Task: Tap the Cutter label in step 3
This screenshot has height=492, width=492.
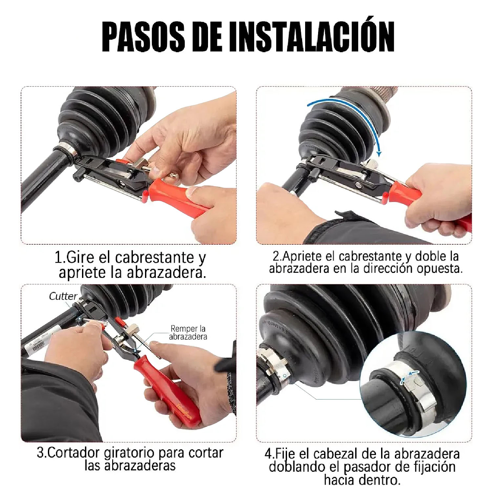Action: pos(63,296)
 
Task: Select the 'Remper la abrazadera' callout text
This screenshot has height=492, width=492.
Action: pos(188,333)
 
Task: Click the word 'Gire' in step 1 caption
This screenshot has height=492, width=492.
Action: pos(80,258)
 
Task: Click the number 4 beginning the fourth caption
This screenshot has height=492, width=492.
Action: pos(268,454)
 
